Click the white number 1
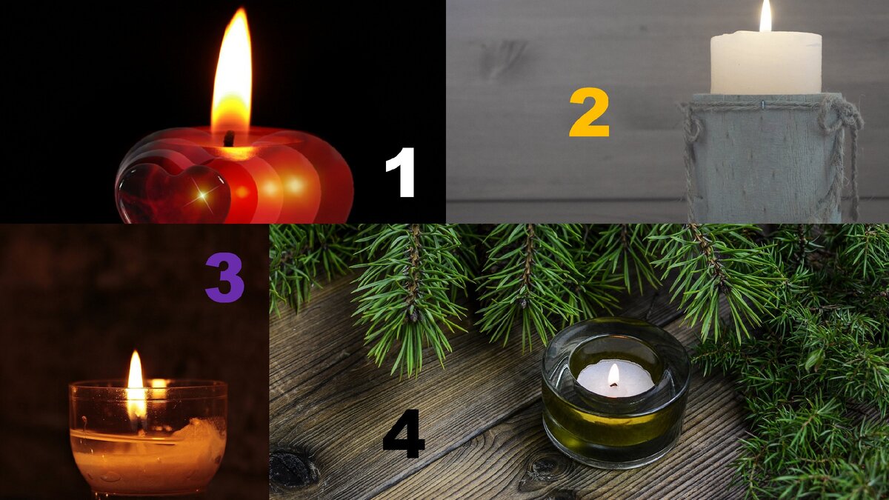[x=401, y=172]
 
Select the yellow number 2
[x=589, y=113]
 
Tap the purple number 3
[x=224, y=277]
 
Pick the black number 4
[x=403, y=433]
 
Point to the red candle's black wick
[x=229, y=138]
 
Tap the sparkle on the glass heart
[x=203, y=194]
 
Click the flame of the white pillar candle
[x=765, y=16]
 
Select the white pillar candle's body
[x=766, y=63]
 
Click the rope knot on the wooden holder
[x=836, y=115]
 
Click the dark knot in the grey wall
[x=502, y=59]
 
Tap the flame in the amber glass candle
[x=136, y=387]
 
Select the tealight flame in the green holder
[x=613, y=375]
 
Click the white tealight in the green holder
[x=615, y=379]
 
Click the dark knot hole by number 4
[x=292, y=468]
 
